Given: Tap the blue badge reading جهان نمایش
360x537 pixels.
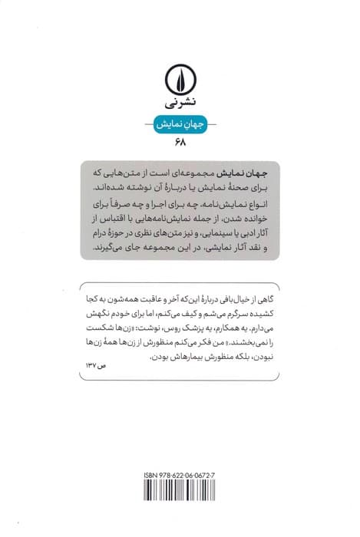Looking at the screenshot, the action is [180, 125].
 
